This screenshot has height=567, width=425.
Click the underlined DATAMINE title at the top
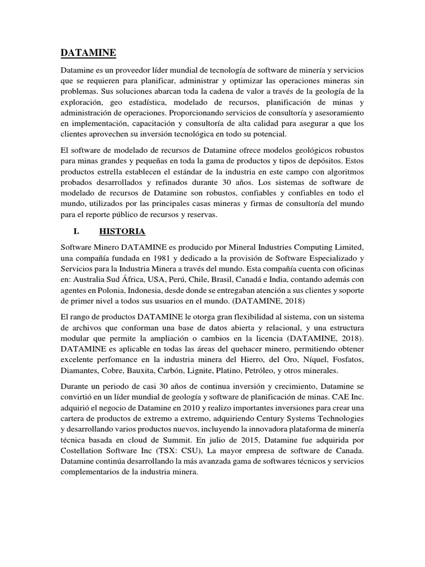click(x=89, y=53)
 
